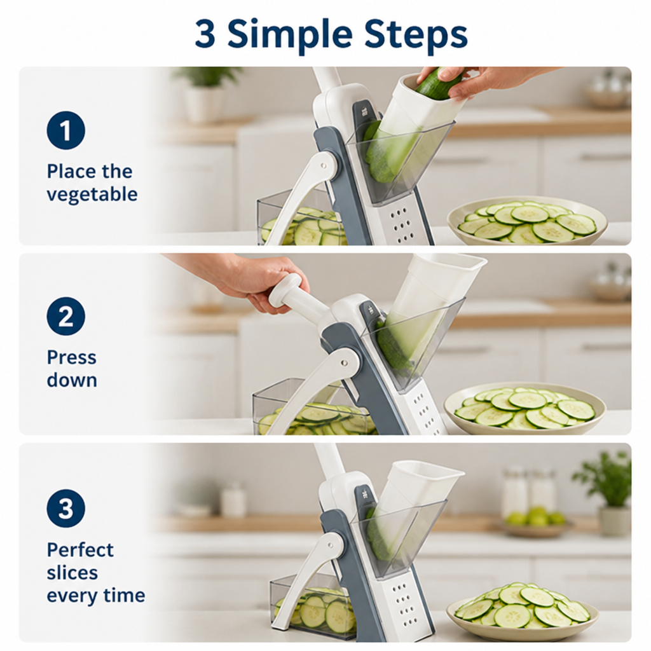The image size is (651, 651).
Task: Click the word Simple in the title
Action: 290,35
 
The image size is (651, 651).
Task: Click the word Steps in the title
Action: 416,34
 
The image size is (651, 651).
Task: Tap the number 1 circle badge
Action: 65,130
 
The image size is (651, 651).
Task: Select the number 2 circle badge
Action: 65,317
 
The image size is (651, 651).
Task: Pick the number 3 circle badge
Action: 65,508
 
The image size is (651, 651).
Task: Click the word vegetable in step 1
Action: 92,195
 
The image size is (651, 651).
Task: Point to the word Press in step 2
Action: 71,357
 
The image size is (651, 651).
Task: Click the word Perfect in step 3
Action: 80,550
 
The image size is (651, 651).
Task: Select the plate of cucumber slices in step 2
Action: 524,409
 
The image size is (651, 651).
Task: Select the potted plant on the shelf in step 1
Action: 203,95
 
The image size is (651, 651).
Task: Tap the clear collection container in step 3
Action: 313,605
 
